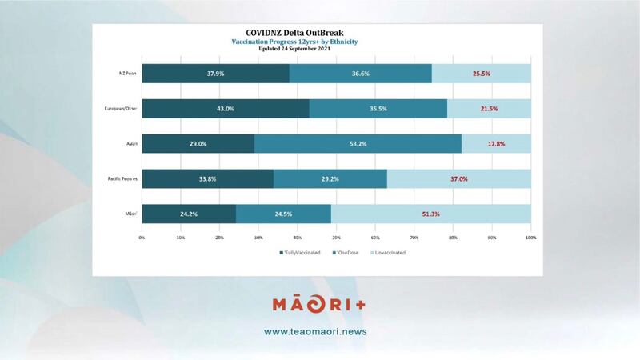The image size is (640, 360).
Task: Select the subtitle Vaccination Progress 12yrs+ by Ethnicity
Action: click(317, 41)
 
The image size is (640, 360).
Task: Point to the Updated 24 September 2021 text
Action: click(317, 49)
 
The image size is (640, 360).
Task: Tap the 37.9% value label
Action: click(215, 74)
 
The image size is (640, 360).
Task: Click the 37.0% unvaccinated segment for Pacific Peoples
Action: click(458, 178)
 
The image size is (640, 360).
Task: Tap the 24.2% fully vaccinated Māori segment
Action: click(189, 214)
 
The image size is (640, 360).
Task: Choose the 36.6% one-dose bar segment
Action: click(360, 74)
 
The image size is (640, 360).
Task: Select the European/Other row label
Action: click(121, 109)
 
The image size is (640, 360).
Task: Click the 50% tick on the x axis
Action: click(336, 238)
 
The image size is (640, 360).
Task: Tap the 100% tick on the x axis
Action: click(530, 238)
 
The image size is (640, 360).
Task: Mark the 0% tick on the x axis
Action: click(142, 238)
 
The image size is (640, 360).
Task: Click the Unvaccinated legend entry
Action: click(386, 253)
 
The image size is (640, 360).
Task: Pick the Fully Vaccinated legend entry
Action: click(301, 253)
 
